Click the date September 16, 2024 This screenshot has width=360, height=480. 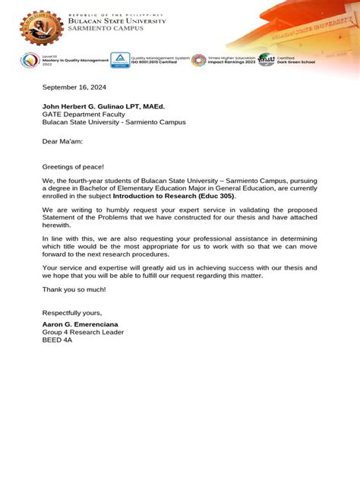click(x=74, y=87)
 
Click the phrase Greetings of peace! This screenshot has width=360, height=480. click(x=73, y=166)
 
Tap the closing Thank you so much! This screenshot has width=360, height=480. click(x=74, y=289)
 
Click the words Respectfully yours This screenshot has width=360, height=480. click(x=71, y=313)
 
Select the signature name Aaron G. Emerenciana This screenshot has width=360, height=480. click(x=86, y=324)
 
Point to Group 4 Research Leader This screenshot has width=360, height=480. click(x=82, y=332)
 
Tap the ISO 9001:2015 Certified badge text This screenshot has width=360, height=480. click(x=160, y=61)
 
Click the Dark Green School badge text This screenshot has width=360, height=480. click(x=296, y=61)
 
